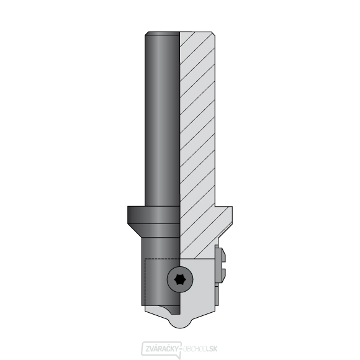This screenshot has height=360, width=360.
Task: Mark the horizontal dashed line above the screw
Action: pyautogui.click(x=161, y=257)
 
